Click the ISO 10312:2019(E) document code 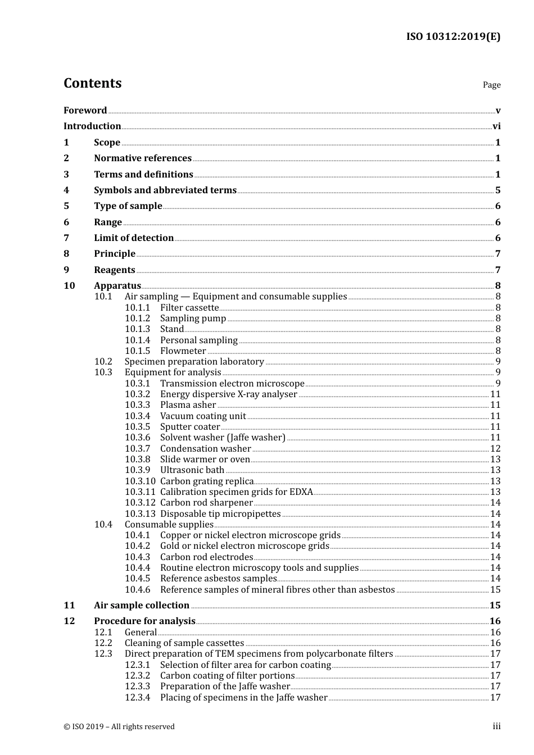(x=453, y=37)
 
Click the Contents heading (x=92, y=83)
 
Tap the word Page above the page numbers (x=491, y=85)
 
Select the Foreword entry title (x=85, y=111)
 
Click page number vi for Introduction (x=496, y=126)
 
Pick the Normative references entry (x=143, y=158)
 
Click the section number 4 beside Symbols (x=66, y=190)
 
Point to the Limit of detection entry (x=134, y=238)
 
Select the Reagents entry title (x=115, y=270)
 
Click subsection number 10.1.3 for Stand (x=138, y=329)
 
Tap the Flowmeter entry (x=183, y=351)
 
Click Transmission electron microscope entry (x=232, y=384)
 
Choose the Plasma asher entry (x=188, y=405)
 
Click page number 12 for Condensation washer (x=495, y=449)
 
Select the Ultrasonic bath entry (x=192, y=470)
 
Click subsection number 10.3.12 (x=140, y=503)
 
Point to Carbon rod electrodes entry (x=207, y=557)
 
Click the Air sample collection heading (x=142, y=606)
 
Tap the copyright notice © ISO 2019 (x=119, y=727)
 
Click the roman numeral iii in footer (x=496, y=726)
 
